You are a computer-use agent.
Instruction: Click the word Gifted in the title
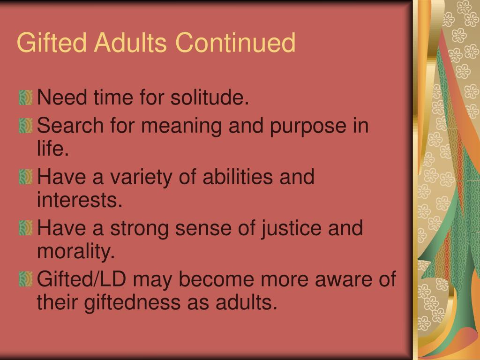pos(52,42)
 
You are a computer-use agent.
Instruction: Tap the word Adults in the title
pos(130,42)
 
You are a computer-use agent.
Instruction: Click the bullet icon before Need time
pos(25,97)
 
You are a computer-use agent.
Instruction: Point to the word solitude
pos(210,97)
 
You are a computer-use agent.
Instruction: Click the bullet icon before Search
pos(25,126)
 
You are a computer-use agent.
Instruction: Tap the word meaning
pos(181,126)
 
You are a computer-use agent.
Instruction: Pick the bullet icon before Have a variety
pos(25,177)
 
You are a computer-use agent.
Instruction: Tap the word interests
pos(80,199)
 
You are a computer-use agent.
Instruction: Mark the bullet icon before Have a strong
pos(25,228)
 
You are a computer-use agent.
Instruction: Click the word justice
pos(291,228)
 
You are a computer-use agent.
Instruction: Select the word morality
pos(76,251)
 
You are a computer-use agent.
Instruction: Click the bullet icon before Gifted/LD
pos(25,279)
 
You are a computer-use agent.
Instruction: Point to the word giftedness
pos(132,302)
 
